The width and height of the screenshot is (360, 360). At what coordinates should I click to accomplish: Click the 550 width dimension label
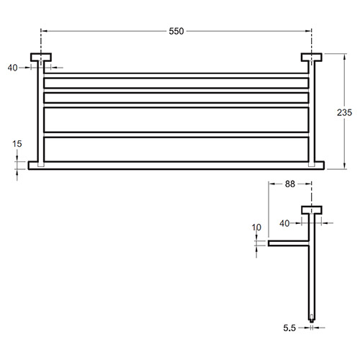click(176, 31)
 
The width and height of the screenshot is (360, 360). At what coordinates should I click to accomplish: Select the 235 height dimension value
click(344, 112)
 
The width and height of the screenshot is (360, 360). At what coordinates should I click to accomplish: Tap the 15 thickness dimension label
click(17, 144)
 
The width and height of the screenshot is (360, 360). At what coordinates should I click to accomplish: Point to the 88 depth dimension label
click(290, 184)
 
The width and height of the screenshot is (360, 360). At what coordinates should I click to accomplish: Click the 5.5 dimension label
click(289, 328)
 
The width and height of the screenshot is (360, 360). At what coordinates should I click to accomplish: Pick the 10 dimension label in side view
click(256, 228)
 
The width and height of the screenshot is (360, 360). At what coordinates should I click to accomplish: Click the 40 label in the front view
click(12, 68)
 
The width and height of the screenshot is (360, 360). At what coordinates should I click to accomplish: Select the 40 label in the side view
click(284, 223)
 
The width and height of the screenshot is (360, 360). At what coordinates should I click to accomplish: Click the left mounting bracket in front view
click(41, 58)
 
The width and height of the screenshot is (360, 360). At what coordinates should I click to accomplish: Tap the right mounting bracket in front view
click(312, 58)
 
